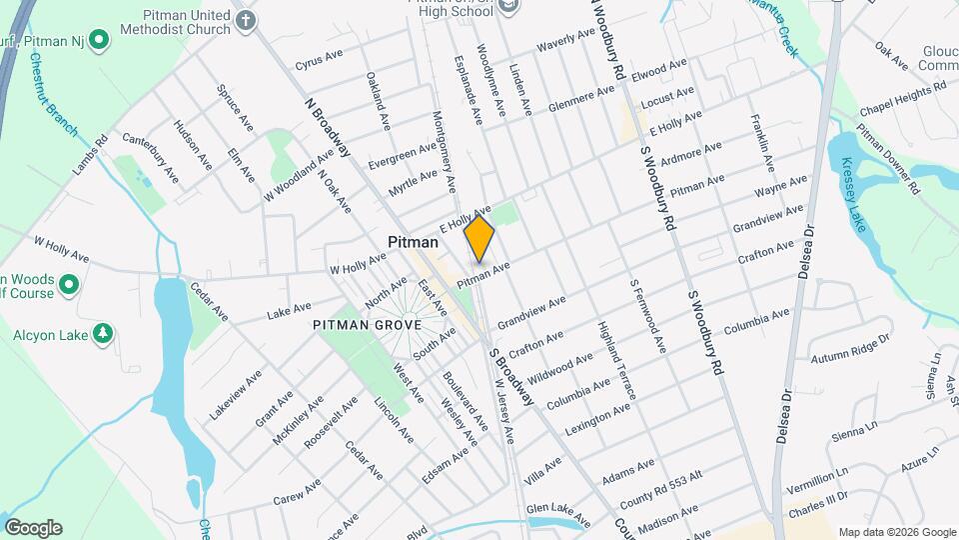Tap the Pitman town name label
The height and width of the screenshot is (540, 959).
[x=412, y=243]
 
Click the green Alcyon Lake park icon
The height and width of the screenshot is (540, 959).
[x=102, y=333]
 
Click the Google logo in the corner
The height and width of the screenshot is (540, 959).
[x=33, y=528]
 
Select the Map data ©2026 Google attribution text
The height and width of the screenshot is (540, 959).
[x=896, y=532]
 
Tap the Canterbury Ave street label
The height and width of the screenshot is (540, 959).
[x=151, y=157]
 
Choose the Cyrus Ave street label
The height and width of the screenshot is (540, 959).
[x=320, y=62]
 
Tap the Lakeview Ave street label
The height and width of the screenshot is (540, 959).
[x=236, y=393]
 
